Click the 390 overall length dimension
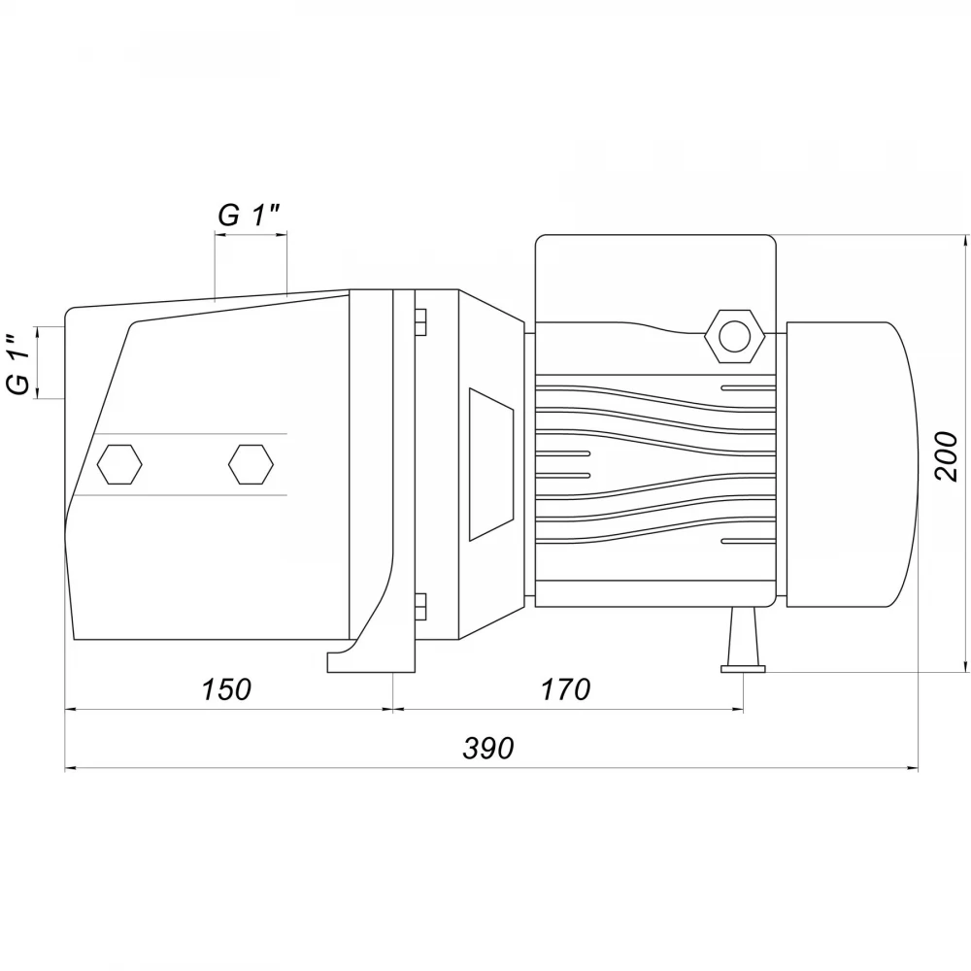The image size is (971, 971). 488,748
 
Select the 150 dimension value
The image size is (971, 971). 226,689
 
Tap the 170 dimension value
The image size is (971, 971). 566,689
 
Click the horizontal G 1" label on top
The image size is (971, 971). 249,215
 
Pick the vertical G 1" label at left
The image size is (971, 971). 19,363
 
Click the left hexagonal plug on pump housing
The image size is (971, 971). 120,464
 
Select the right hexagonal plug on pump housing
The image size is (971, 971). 251,464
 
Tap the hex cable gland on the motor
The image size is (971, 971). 735,336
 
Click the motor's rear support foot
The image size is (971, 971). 743,640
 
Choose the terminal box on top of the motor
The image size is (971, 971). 655,279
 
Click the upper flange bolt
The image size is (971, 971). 419,322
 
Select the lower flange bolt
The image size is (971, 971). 419,606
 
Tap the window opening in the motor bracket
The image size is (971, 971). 491,464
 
